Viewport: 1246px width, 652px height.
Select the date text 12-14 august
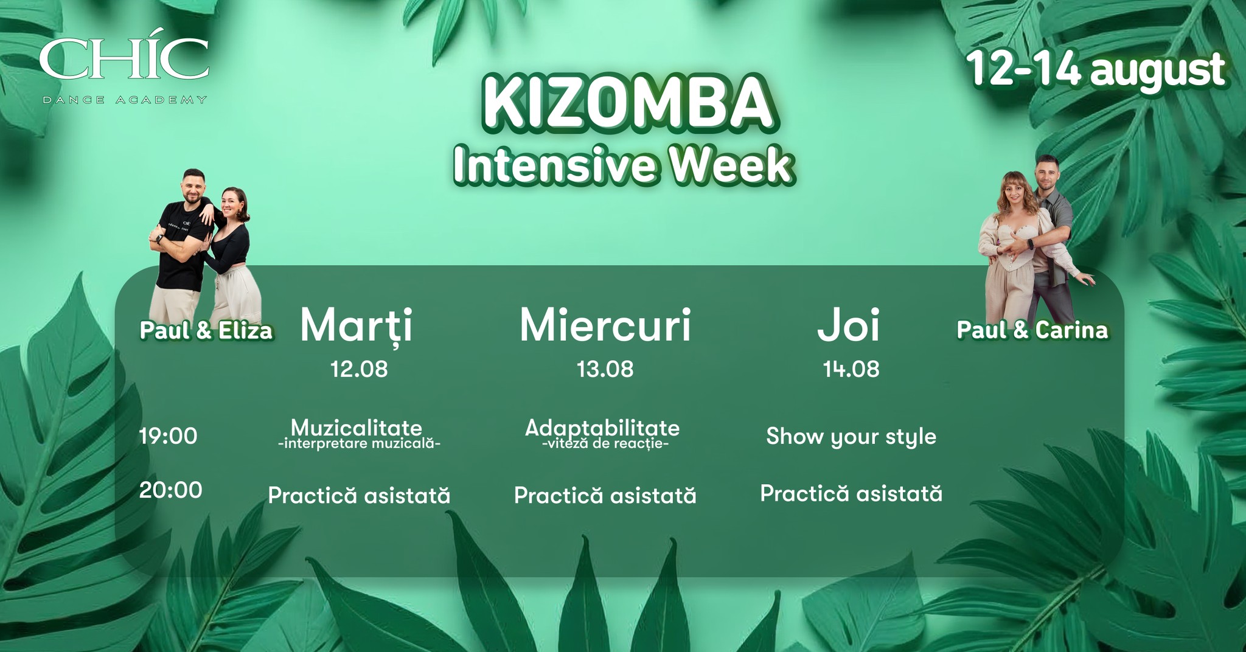coord(1096,71)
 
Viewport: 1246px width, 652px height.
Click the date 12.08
coord(359,369)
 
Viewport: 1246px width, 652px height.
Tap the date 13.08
coord(605,369)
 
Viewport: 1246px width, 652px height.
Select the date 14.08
coord(851,369)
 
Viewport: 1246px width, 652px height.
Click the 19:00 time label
coord(169,436)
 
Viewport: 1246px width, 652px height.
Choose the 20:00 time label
coord(170,490)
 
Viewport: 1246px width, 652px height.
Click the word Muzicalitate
coord(357,428)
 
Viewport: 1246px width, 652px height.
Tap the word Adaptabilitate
coord(602,428)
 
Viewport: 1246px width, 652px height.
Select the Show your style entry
coord(851,437)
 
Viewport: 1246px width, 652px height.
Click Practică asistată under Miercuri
coord(605,495)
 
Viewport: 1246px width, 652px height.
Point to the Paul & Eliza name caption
coord(206,330)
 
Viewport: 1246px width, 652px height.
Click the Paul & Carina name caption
coord(1032,330)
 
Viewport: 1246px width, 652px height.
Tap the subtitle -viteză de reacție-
coord(605,443)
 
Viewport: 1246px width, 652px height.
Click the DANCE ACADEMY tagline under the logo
coord(125,99)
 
